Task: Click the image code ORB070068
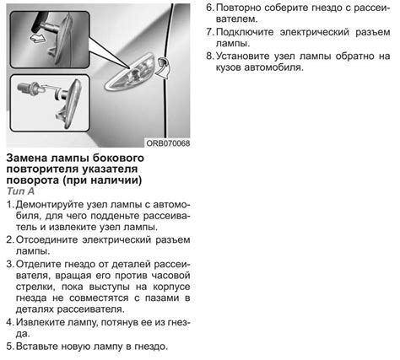tap(168, 143)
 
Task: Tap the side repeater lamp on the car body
tap(130, 72)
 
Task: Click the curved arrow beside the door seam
tap(162, 67)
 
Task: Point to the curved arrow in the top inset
tap(37, 38)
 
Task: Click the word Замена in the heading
tap(27, 158)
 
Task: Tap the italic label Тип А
tap(20, 191)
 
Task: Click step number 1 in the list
tap(9, 204)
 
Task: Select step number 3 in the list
tap(10, 264)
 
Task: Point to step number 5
tap(10, 347)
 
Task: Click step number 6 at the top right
tap(210, 8)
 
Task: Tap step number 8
tap(210, 56)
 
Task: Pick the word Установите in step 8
tap(243, 56)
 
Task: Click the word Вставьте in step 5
tap(37, 347)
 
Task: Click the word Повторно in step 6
tap(239, 8)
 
